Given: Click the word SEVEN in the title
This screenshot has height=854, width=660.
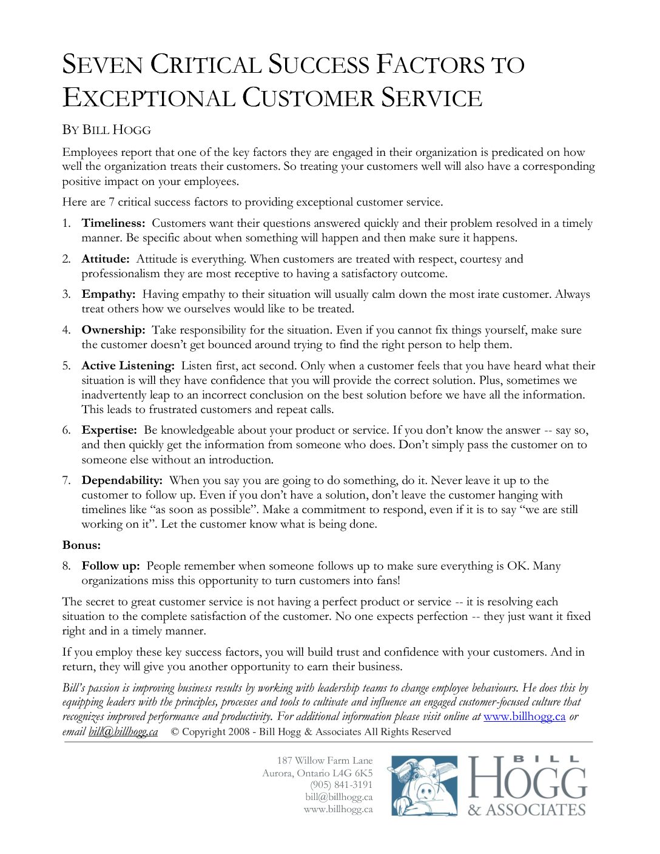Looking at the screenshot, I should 103,64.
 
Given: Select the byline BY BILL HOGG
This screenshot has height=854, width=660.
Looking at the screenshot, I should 107,130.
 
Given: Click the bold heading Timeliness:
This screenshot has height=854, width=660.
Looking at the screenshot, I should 113,223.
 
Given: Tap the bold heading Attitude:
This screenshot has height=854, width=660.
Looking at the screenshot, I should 106,259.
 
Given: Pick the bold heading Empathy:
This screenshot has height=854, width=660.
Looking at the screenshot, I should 109,294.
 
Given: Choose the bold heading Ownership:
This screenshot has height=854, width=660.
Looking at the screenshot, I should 113,330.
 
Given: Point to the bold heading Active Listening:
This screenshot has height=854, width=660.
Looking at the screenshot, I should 128,366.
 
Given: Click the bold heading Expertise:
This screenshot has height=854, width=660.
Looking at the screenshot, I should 109,430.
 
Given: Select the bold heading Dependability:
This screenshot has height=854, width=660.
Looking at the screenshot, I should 122,480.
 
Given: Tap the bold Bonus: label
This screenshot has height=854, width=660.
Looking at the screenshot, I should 81,545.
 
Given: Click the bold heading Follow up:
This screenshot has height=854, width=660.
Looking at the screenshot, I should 110,566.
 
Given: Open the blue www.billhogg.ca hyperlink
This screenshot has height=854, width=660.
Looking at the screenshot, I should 524,716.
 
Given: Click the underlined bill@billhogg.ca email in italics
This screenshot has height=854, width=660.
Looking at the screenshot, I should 123,731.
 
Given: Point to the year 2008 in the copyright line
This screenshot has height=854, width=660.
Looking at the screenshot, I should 239,731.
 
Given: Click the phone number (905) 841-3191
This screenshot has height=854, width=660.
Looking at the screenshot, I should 341,785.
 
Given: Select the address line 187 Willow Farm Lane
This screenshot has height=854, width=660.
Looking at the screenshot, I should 325,761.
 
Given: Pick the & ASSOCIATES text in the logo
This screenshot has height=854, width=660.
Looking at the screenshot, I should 526,810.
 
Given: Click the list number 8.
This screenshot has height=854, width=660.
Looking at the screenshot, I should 66,566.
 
